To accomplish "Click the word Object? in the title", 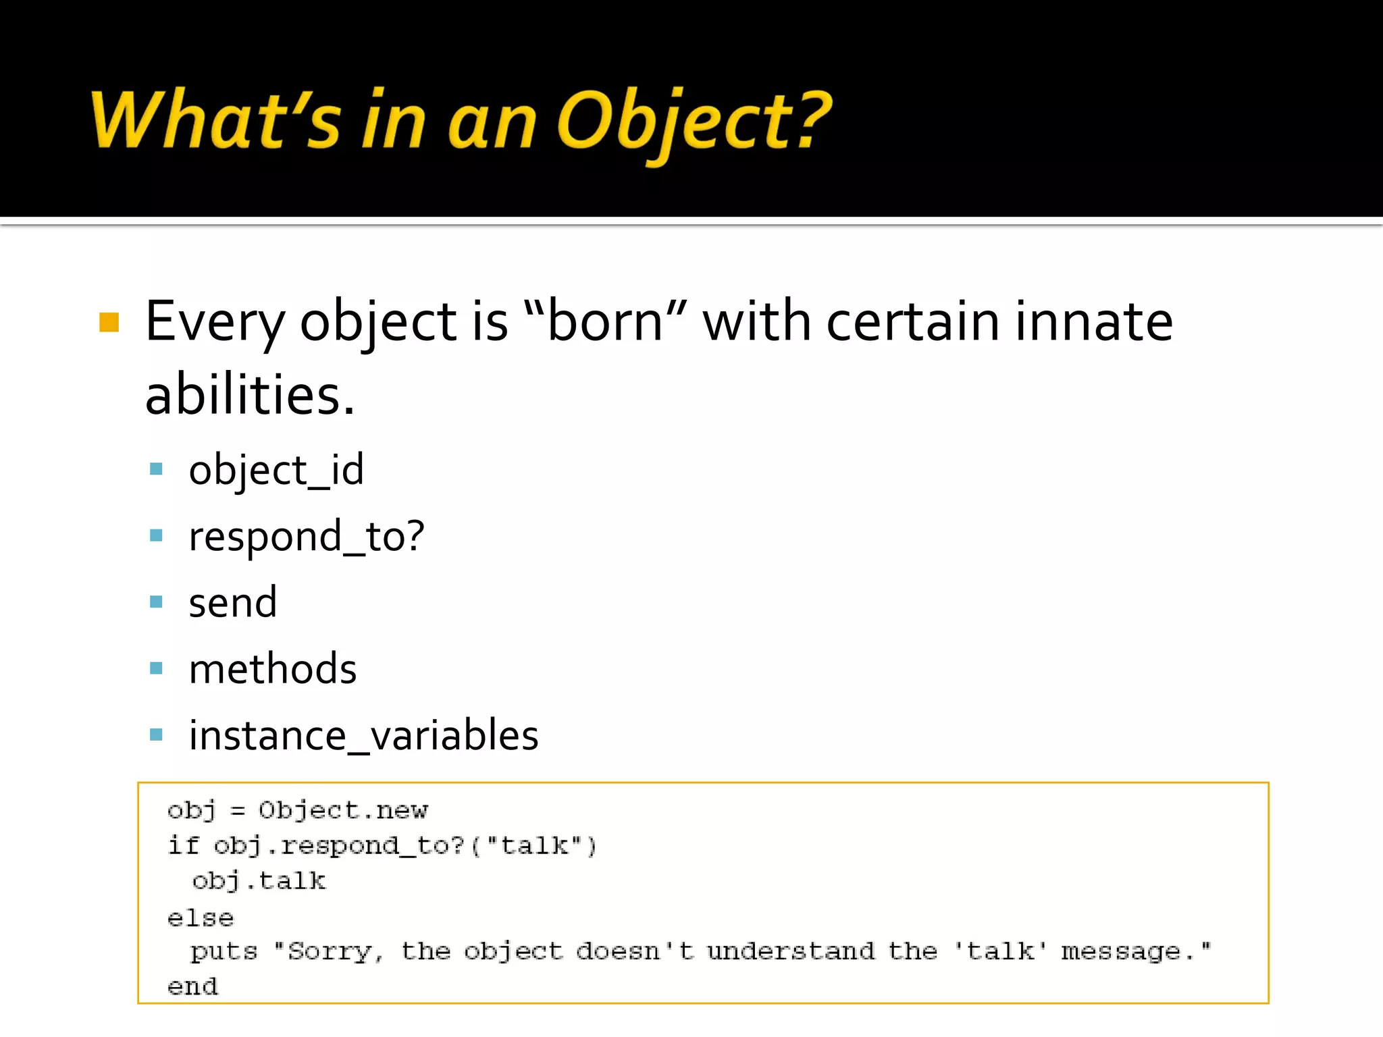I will (694, 122).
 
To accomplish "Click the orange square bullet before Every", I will (109, 322).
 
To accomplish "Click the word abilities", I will (249, 395).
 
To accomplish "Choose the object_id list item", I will (276, 470).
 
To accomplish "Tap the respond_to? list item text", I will (307, 537).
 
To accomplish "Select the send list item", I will (233, 602).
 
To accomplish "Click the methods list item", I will (273, 669).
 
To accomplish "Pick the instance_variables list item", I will (363, 735).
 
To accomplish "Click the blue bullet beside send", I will (156, 602).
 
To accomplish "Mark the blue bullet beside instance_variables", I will (156, 735).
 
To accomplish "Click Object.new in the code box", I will (343, 810).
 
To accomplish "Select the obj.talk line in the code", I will (259, 881).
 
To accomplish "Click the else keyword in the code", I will (201, 918).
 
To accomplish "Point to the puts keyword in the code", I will (224, 952).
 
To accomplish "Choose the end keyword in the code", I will (193, 987).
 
